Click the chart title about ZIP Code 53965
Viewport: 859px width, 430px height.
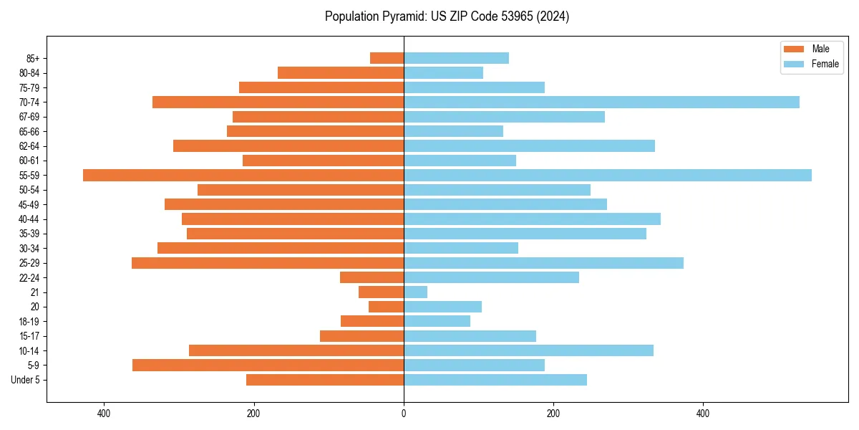pyautogui.click(x=447, y=16)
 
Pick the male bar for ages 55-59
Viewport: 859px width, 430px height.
pyautogui.click(x=243, y=175)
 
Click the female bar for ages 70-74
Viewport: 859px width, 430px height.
pyautogui.click(x=601, y=102)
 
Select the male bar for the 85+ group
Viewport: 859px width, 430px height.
pyautogui.click(x=387, y=58)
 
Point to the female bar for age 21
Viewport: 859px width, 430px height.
pyautogui.click(x=415, y=292)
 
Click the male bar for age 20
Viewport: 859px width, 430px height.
pyautogui.click(x=386, y=307)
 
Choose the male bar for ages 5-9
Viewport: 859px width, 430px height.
pyautogui.click(x=268, y=365)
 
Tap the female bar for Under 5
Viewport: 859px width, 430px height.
pyautogui.click(x=495, y=380)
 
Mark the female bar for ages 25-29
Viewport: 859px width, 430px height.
pyautogui.click(x=543, y=263)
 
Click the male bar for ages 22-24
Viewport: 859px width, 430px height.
pyautogui.click(x=372, y=277)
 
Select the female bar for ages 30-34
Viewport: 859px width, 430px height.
pyautogui.click(x=460, y=248)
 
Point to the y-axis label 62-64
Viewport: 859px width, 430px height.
pyautogui.click(x=29, y=146)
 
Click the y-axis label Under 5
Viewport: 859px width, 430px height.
pyautogui.click(x=26, y=380)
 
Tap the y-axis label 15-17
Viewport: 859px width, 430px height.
pyautogui.click(x=29, y=336)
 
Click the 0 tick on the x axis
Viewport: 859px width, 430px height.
pyautogui.click(x=404, y=414)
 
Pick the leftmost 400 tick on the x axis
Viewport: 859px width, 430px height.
pyautogui.click(x=104, y=414)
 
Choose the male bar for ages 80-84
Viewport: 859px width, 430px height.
pyautogui.click(x=341, y=72)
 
